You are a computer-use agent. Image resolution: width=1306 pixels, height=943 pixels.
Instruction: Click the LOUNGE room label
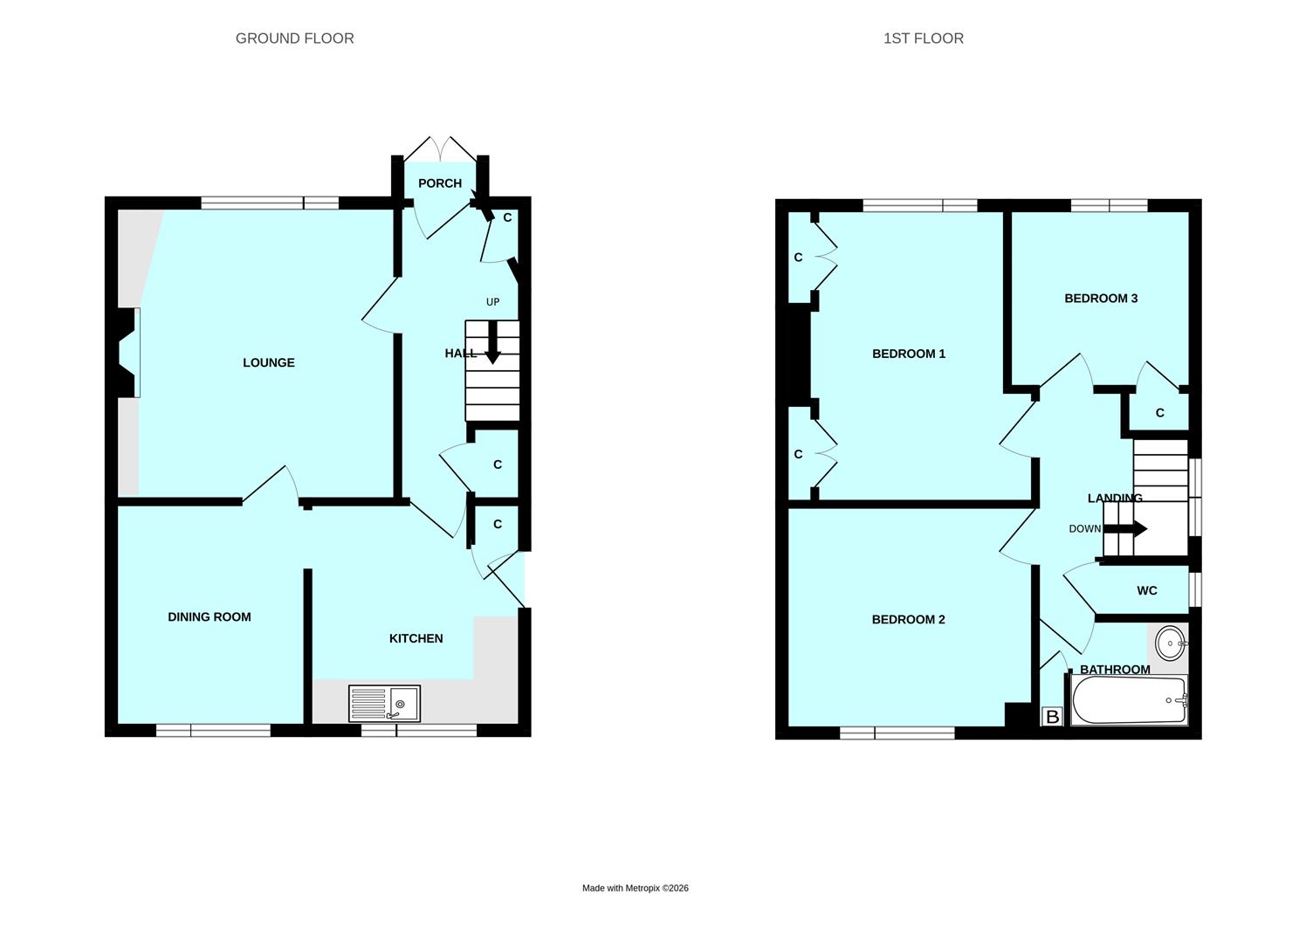tap(268, 362)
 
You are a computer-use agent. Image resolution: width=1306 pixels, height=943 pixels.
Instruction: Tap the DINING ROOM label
tap(210, 616)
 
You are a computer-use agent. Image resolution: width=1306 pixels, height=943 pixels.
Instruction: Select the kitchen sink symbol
tap(384, 703)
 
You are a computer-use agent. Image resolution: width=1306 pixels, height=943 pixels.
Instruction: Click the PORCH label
tap(439, 183)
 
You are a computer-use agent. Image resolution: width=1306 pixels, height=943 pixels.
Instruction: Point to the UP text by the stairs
tap(492, 302)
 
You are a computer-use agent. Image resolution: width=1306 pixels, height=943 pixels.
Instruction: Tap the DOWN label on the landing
tap(1085, 529)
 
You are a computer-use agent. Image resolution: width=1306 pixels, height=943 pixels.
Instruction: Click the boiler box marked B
tap(1052, 717)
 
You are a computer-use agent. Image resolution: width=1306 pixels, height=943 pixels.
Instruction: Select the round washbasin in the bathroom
tap(1169, 643)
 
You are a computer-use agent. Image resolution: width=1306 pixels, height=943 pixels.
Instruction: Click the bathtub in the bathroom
tap(1128, 700)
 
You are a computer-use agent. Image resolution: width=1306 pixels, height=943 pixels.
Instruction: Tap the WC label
tap(1147, 591)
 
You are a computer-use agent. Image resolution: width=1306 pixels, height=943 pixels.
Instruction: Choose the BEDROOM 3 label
tap(1101, 299)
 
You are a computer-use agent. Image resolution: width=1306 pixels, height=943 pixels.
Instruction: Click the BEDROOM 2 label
tap(908, 620)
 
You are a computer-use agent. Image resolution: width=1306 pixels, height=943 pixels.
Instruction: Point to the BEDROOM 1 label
tap(909, 354)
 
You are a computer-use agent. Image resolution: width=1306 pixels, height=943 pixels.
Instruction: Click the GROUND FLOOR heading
tap(294, 38)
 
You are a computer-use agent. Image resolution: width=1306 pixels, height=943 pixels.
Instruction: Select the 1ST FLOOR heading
tap(923, 38)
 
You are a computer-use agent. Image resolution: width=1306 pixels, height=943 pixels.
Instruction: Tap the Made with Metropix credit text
tap(636, 888)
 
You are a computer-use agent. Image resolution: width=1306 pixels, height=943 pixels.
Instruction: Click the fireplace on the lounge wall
tap(128, 353)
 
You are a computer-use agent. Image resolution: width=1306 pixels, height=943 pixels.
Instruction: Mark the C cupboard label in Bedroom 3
tap(1159, 413)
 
